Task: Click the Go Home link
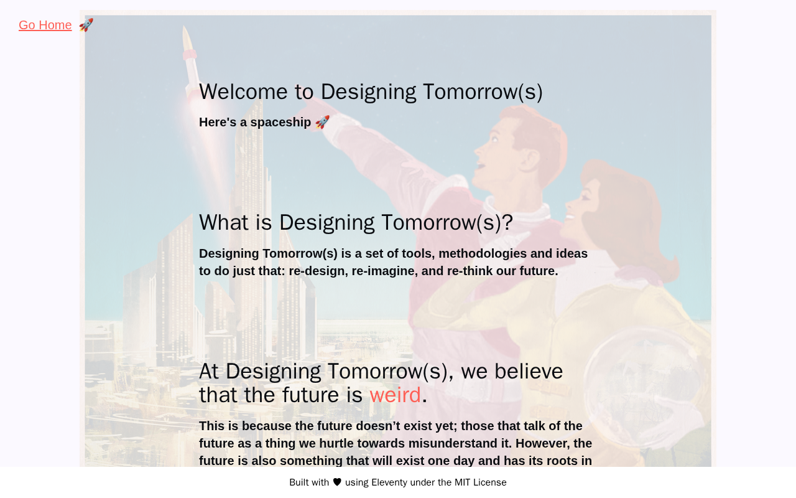tap(45, 25)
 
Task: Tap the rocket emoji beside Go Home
tap(86, 25)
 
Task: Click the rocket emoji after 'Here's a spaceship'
tap(322, 122)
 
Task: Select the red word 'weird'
tap(395, 395)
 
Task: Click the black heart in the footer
tap(337, 482)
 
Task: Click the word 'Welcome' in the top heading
tap(243, 92)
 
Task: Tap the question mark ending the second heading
tap(508, 222)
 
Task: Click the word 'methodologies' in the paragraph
tap(483, 253)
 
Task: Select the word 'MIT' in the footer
tap(462, 482)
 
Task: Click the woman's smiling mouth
tap(570, 217)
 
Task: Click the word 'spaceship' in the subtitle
tap(280, 123)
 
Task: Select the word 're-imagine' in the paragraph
tap(383, 271)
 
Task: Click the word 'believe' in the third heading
tap(529, 371)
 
